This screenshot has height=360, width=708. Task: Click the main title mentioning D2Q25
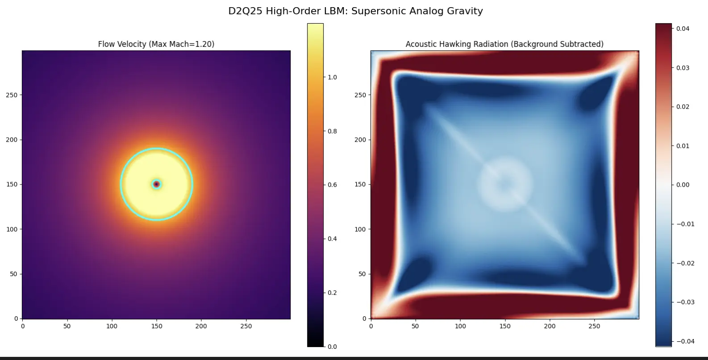coord(355,11)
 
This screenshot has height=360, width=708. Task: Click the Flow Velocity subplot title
coord(156,44)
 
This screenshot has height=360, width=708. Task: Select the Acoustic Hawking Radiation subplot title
coord(504,44)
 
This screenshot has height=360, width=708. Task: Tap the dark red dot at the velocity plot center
coord(156,184)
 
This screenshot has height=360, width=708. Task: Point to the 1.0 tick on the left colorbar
coord(332,77)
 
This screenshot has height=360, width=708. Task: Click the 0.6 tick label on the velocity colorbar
coord(332,185)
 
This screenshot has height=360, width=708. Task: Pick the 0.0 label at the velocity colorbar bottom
coord(332,347)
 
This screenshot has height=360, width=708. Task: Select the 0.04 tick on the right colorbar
coord(682,29)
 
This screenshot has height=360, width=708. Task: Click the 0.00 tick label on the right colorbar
coord(682,185)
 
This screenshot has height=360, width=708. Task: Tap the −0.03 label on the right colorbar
coord(685,302)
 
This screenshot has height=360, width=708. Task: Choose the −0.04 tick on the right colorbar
coord(685,341)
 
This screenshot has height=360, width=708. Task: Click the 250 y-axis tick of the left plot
coord(12,95)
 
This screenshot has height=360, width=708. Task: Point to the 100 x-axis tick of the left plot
coord(112,326)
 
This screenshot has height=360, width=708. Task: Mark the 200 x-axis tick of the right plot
coord(550,326)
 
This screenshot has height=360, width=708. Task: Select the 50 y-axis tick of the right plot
coord(362,274)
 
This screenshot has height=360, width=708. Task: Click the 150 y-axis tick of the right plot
coord(360,184)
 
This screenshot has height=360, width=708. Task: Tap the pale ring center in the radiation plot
coord(505,184)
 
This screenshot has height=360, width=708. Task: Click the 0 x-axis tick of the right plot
coord(371,326)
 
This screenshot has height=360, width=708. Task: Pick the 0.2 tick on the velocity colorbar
coord(332,293)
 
